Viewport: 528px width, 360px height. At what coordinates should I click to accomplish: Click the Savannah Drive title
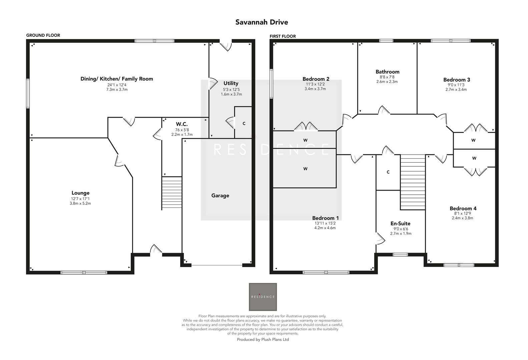(x=261, y=22)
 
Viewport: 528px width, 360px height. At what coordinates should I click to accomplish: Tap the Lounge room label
(x=80, y=193)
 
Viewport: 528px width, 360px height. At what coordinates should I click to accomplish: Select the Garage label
(x=220, y=196)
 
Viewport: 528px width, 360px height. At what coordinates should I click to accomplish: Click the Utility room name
(x=231, y=83)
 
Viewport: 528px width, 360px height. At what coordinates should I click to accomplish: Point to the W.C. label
(x=182, y=124)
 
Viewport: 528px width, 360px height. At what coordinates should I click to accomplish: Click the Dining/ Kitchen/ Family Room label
(x=117, y=79)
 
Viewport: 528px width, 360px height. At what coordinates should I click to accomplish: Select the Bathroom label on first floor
(x=387, y=72)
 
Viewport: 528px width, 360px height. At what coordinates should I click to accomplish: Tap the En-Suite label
(x=400, y=224)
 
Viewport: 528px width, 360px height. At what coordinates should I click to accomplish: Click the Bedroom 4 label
(x=463, y=209)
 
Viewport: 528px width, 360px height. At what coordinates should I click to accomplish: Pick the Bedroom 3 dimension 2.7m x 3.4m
(x=456, y=90)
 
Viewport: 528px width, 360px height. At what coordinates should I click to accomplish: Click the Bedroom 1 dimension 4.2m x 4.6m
(x=325, y=228)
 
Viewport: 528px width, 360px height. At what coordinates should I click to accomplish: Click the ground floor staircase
(x=172, y=193)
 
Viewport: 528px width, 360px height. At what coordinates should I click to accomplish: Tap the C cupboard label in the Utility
(x=244, y=124)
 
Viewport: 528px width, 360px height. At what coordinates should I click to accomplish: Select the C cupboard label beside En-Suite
(x=388, y=172)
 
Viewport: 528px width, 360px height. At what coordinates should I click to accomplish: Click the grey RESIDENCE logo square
(x=263, y=297)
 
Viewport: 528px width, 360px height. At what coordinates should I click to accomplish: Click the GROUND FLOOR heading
(x=43, y=35)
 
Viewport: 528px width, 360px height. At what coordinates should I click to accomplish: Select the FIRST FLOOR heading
(x=283, y=36)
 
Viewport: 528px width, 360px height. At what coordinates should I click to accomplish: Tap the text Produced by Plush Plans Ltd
(x=263, y=340)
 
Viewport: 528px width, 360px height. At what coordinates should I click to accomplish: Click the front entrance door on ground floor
(x=156, y=250)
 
